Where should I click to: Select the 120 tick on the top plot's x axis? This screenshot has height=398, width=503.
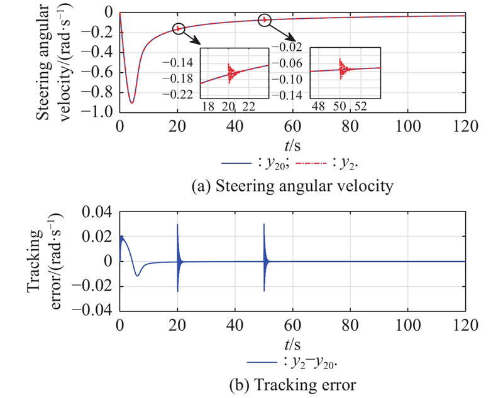(465, 124)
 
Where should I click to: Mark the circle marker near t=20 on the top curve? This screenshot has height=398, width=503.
(179, 28)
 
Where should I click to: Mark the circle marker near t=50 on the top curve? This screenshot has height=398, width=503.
(265, 20)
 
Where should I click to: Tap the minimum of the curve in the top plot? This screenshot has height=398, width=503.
(131, 102)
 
